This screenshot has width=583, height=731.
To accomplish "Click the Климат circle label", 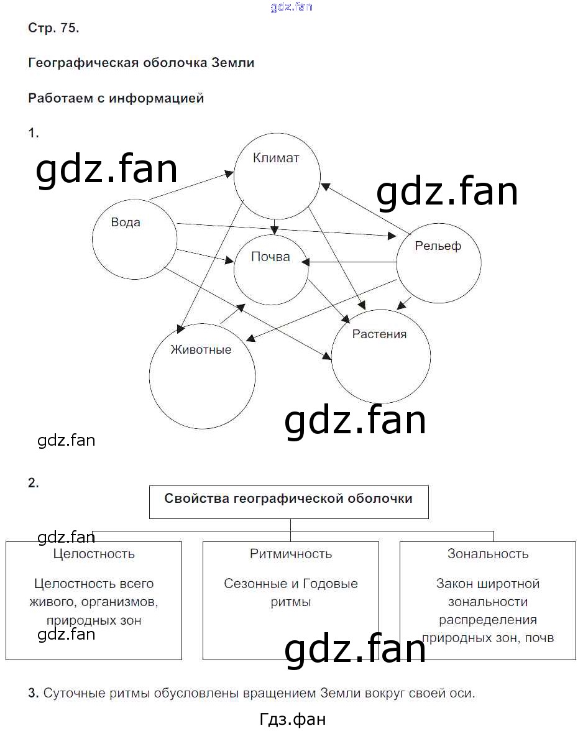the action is tap(276, 158).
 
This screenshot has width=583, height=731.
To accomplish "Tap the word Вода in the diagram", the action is tap(126, 223).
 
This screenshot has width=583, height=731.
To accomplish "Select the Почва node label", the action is tap(270, 257).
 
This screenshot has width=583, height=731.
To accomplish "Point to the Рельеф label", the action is tap(438, 246).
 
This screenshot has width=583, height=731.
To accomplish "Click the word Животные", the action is tap(201, 349).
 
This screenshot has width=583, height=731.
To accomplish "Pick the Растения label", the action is tap(379, 334).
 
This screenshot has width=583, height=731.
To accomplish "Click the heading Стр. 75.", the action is tap(53, 28).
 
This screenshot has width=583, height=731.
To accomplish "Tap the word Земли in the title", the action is tap(233, 62).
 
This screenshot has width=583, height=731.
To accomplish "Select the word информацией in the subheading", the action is tap(157, 98).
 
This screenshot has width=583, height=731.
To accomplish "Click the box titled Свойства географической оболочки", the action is tap(289, 502).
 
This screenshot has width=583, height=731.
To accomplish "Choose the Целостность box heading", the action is tap(94, 554).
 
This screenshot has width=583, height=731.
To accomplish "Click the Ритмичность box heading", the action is tap(291, 554).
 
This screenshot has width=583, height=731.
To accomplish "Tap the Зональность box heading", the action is tap(488, 554).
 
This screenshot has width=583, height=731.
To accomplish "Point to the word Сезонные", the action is tap(255, 584).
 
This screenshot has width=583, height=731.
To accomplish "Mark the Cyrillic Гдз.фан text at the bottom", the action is tap(292, 719).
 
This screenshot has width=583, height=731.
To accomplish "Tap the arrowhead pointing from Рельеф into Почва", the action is tap(305, 262).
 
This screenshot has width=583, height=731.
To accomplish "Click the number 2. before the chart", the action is tap(34, 483).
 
